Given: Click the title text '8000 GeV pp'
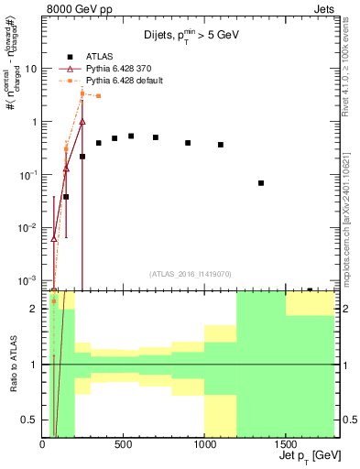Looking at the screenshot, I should tap(76, 8).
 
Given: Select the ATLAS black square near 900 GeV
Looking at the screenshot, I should tap(188, 143).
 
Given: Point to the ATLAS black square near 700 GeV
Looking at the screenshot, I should tap(156, 137).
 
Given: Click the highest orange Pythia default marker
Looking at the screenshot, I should tap(82, 93).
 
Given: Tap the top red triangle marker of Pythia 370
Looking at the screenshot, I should tap(82, 121).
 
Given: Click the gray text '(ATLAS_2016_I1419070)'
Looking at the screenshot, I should tap(190, 274).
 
